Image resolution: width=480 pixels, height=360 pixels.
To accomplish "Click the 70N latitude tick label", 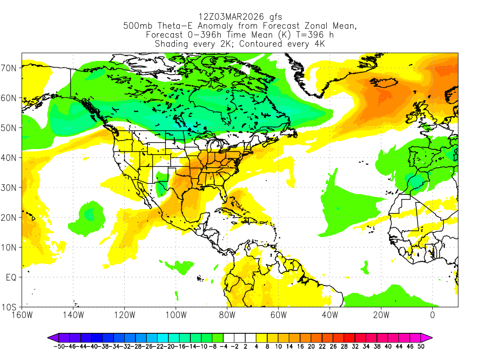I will click(10, 67).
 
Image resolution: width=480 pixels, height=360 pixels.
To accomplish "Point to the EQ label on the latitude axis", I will click(11, 277).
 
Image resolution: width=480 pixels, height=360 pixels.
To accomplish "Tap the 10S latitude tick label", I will click(10, 307).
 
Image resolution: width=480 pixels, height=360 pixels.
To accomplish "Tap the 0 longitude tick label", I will click(432, 315).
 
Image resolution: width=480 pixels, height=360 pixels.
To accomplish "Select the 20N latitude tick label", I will click(10, 217).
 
